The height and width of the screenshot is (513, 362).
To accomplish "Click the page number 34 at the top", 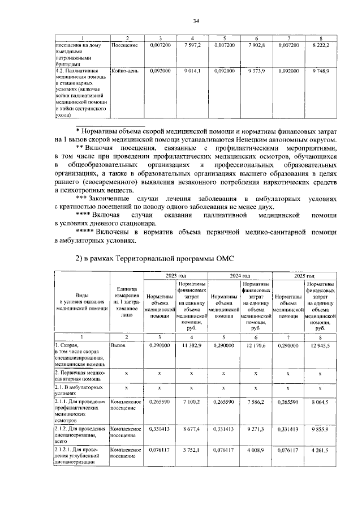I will pos(196,22).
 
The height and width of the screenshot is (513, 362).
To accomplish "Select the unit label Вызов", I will pos(119,345).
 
